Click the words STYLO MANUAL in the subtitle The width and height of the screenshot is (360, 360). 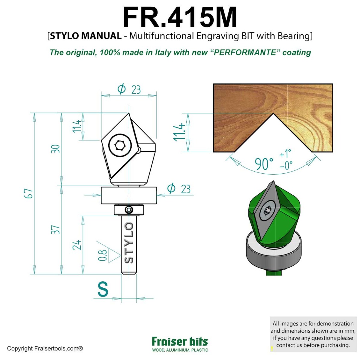(85, 36)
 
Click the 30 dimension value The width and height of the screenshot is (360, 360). (55, 149)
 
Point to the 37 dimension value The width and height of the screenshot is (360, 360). (55, 230)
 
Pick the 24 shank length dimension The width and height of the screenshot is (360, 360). (77, 245)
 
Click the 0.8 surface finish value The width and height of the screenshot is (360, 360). (103, 255)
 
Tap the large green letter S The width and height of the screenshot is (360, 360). (103, 289)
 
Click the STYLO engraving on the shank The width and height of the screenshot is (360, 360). (129, 243)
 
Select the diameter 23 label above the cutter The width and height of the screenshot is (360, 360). (129, 89)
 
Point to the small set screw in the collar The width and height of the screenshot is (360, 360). (129, 209)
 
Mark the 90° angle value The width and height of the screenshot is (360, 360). (264, 164)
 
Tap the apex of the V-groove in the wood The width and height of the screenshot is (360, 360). (273, 113)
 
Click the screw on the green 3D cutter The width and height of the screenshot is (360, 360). (268, 209)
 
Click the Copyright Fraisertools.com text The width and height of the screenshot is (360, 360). (45, 349)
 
